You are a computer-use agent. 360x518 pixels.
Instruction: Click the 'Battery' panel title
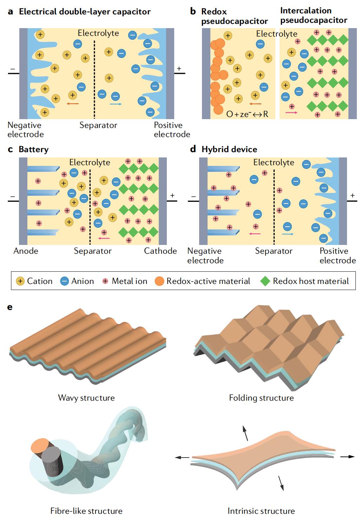pyautogui.click(x=33, y=149)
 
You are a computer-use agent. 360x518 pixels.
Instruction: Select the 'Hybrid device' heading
pyautogui.click(x=229, y=149)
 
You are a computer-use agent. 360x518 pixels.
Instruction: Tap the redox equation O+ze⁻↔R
pyautogui.click(x=247, y=114)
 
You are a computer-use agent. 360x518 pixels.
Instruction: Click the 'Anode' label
pyautogui.click(x=26, y=251)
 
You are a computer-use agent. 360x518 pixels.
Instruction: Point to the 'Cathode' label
pyautogui.click(x=161, y=251)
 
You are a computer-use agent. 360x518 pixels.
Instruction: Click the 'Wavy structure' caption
pyautogui.click(x=86, y=398)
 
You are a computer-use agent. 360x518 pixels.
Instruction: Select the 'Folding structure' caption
pyautogui.click(x=261, y=398)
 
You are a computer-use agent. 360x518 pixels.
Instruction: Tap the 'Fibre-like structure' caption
pyautogui.click(x=86, y=511)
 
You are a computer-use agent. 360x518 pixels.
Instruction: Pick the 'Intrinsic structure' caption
pyautogui.click(x=261, y=511)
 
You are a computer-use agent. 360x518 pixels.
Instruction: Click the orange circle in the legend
pyautogui.click(x=159, y=281)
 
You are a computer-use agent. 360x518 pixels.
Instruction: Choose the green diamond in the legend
pyautogui.click(x=265, y=281)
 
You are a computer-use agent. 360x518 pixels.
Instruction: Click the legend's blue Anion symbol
pyautogui.click(x=65, y=281)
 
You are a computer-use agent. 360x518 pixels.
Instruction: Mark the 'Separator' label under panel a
pyautogui.click(x=98, y=125)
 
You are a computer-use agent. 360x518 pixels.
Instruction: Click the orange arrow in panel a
pyautogui.click(x=73, y=104)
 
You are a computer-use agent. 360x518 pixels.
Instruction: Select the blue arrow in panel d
pyautogui.click(x=288, y=234)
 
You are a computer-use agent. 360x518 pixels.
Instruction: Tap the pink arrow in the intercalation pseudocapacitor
pyautogui.click(x=292, y=112)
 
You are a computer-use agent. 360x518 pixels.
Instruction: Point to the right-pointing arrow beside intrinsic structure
pyautogui.click(x=347, y=457)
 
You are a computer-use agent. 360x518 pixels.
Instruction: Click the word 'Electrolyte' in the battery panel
pyautogui.click(x=90, y=162)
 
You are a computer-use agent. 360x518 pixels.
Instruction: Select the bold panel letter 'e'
pyautogui.click(x=10, y=307)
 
